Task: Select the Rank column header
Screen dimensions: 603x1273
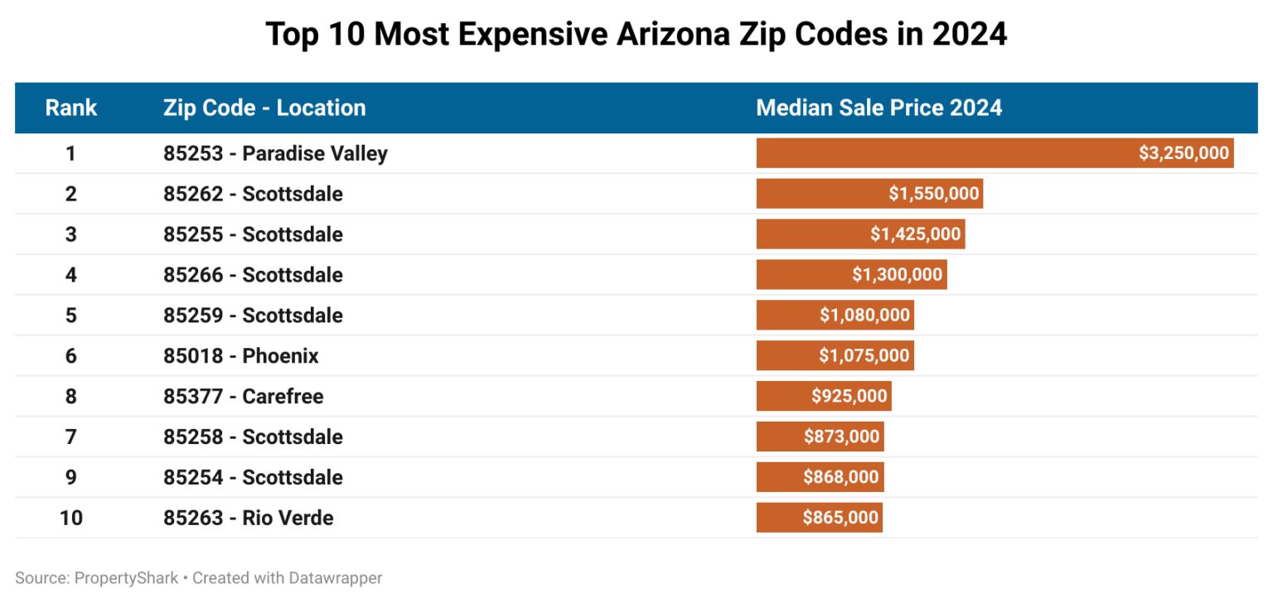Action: pos(70,108)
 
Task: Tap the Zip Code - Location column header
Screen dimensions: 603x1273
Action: pos(264,108)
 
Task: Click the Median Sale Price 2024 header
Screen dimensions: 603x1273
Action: pos(879,108)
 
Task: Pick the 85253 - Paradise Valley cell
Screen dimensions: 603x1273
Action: pos(275,153)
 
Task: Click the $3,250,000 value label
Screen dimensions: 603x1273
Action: pos(1183,153)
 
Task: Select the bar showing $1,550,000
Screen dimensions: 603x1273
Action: pos(869,194)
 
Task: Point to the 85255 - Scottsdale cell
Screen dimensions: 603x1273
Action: pos(253,234)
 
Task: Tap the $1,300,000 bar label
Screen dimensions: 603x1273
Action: pos(897,274)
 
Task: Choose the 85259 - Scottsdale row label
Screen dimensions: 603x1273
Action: pos(253,316)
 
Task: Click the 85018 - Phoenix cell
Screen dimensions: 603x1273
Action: pos(240,356)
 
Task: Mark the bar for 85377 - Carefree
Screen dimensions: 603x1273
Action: pos(824,396)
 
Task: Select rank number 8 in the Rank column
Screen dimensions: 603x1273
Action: pos(70,396)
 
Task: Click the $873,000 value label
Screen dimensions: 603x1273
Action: pos(841,437)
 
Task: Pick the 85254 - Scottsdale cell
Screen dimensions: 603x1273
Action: pos(253,477)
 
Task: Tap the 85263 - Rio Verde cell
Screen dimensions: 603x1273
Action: pos(248,518)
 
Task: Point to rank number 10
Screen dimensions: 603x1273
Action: pos(70,518)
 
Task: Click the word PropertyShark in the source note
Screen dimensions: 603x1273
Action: pos(126,578)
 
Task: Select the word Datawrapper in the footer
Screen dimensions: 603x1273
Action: pos(336,578)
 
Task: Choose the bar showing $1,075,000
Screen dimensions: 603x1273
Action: pos(835,356)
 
